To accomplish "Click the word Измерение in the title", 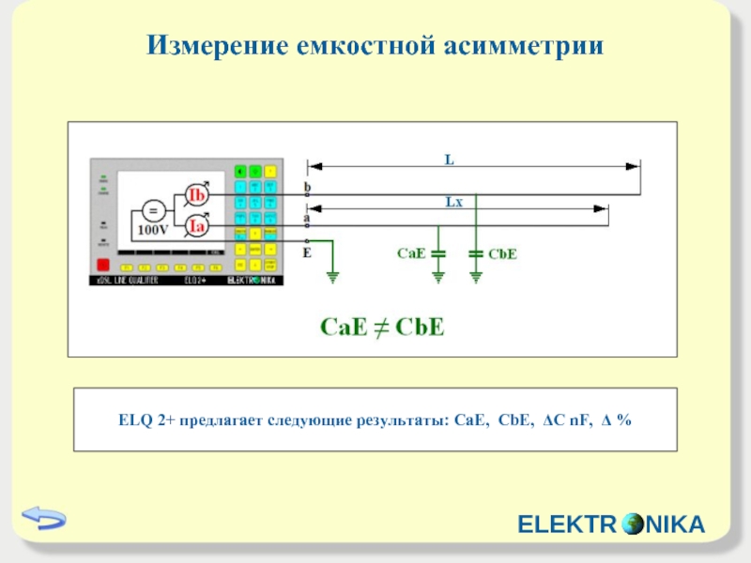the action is [x=213, y=44].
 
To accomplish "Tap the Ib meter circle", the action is [x=197, y=194].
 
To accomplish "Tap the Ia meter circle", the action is [x=197, y=226].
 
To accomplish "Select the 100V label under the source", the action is [x=153, y=229].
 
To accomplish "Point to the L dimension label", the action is [x=449, y=161].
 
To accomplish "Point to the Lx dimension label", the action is [x=453, y=201].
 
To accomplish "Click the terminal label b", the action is [x=306, y=187].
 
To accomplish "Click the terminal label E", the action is [x=306, y=252].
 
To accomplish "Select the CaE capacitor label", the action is [x=411, y=253].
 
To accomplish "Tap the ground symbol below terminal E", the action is [x=331, y=275].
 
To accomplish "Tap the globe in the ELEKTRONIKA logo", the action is [x=632, y=525].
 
